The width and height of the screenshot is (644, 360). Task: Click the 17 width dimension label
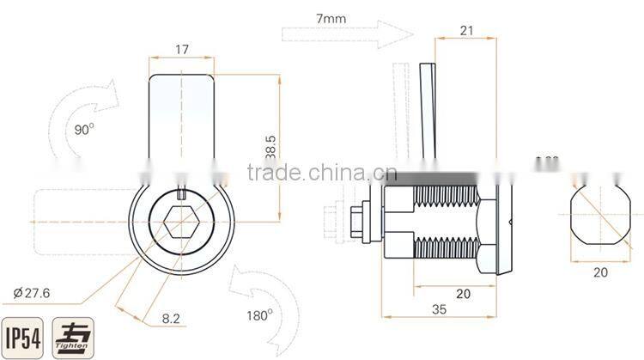pyautogui.click(x=181, y=50)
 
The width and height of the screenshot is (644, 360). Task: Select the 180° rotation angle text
pyautogui.click(x=259, y=314)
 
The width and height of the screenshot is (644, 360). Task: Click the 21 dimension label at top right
pyautogui.click(x=468, y=31)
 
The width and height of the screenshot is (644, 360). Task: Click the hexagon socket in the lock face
pyautogui.click(x=180, y=222)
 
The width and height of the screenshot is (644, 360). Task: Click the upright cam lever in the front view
pyautogui.click(x=181, y=120)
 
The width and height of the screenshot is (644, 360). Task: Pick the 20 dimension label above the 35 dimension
pyautogui.click(x=462, y=293)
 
